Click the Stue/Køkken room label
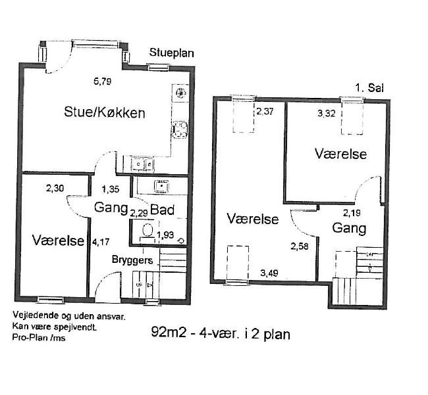click(105, 112)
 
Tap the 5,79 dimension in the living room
click(102, 81)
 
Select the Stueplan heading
click(171, 53)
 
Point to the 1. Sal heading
click(369, 88)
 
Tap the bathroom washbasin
click(161, 186)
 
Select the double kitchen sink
click(142, 164)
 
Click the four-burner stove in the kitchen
click(180, 129)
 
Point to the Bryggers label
click(132, 260)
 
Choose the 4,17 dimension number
click(101, 242)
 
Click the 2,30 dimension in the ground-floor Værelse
click(55, 188)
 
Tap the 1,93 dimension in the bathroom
click(165, 235)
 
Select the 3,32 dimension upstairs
click(326, 113)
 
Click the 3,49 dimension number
click(269, 273)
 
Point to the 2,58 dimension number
click(300, 246)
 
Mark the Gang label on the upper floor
click(349, 228)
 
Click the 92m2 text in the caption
click(169, 333)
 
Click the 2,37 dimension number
click(265, 112)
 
